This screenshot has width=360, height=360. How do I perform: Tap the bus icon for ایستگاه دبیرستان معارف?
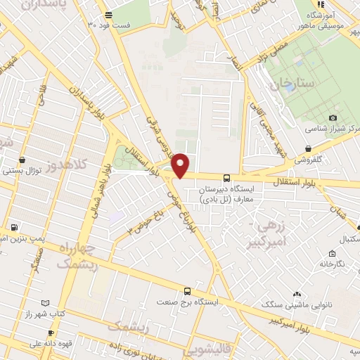click(226, 179)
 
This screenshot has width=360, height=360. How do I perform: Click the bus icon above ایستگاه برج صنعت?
click(187, 290)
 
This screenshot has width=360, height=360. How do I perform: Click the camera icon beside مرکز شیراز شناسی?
click(333, 117)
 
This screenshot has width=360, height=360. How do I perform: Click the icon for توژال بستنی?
click(24, 160)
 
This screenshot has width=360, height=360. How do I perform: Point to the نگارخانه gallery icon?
click(330, 253)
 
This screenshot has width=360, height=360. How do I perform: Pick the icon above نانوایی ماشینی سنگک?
click(297, 295)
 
